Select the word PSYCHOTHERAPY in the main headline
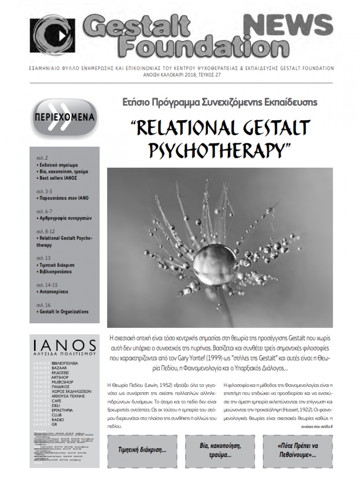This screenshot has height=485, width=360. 220,149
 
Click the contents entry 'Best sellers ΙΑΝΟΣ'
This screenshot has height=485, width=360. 56,178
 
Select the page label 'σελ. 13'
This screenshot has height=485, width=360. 43,258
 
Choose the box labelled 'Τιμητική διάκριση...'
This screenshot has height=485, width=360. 142,450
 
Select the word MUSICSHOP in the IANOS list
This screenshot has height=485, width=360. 62,382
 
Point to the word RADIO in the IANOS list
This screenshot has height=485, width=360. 58,420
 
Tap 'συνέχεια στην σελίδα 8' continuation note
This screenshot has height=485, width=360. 316,427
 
